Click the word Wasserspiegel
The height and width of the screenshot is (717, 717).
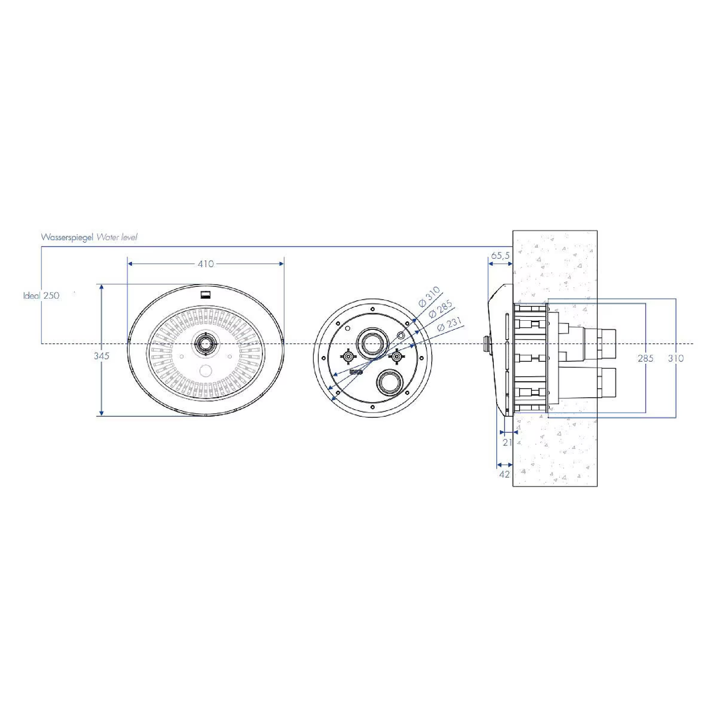(x=67, y=237)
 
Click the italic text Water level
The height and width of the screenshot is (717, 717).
(x=117, y=237)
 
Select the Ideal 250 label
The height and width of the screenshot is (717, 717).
(x=41, y=296)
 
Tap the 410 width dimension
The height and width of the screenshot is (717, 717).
(x=206, y=264)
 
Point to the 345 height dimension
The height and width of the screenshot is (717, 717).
(x=101, y=356)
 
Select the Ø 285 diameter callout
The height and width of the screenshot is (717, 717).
(x=440, y=309)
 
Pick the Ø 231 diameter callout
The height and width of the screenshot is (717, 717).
(x=450, y=324)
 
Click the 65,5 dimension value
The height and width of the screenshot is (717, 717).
(x=500, y=256)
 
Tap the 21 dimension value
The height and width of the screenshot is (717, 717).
(x=507, y=443)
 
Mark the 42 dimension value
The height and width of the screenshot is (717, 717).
(x=504, y=474)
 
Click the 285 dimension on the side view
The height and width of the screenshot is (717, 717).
(x=645, y=358)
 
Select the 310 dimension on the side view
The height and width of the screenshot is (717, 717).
(x=675, y=358)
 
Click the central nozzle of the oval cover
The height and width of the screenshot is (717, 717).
(x=206, y=344)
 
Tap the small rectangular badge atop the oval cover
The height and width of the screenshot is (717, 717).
(x=206, y=294)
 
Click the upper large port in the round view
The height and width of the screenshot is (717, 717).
(x=372, y=343)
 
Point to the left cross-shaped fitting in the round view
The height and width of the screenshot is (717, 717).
(x=348, y=357)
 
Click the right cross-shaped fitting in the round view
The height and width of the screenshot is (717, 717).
(x=396, y=357)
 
